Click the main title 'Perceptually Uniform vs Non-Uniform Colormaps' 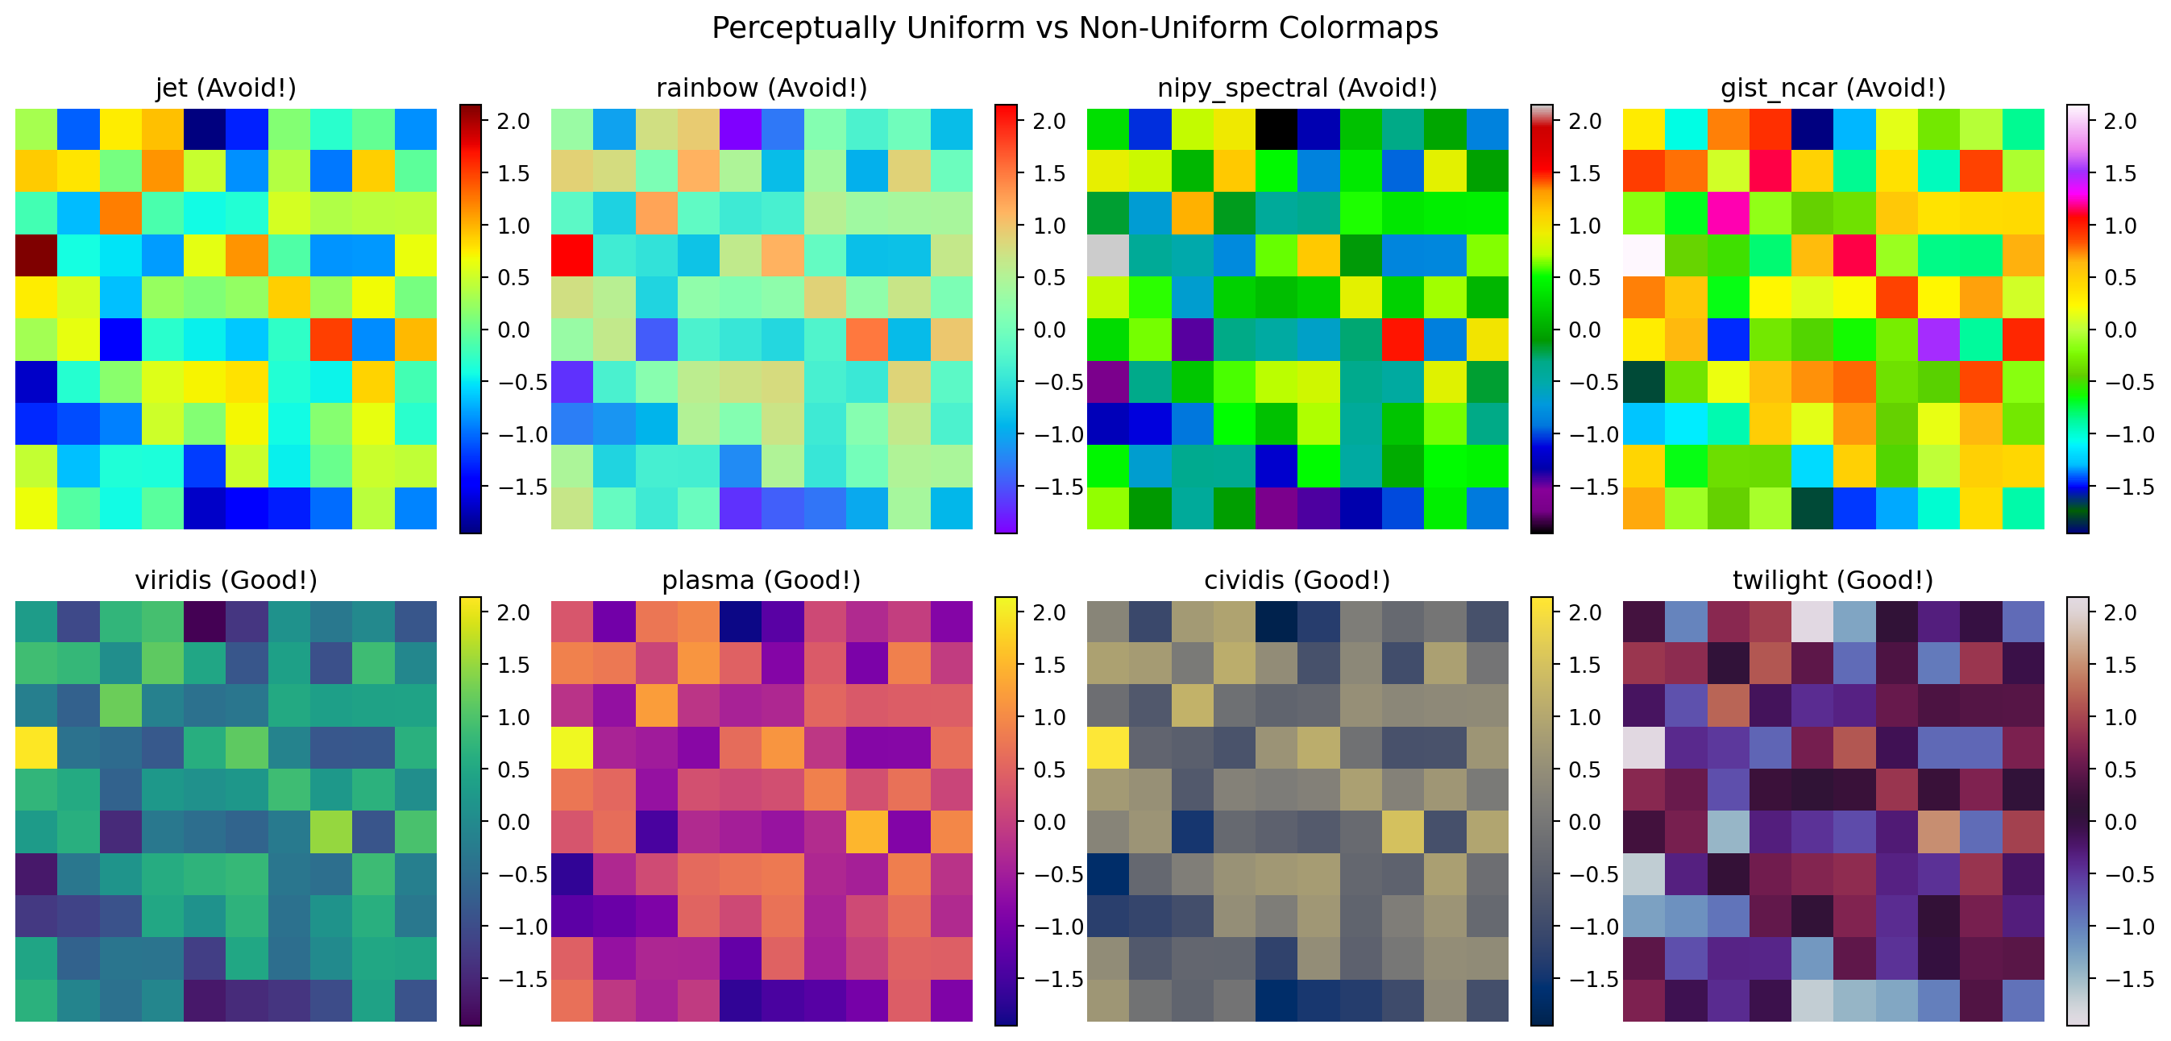click(1074, 28)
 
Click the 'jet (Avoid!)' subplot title click(226, 88)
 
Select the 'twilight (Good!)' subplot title click(1833, 580)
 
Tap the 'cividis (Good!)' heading click(1297, 580)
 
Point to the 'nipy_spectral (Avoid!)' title click(1297, 88)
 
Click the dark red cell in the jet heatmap click(36, 255)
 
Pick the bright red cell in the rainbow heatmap click(572, 255)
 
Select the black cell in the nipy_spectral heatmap click(1276, 129)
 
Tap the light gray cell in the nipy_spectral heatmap click(1108, 255)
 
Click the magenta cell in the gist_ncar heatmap click(1729, 214)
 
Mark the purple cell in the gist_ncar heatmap click(1939, 340)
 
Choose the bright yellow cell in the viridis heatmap click(36, 748)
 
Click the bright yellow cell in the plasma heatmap click(572, 748)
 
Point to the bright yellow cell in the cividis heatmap click(1108, 748)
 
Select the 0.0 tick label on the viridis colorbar click(513, 822)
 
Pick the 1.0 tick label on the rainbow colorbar click(1049, 226)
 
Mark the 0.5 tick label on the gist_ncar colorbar click(2121, 278)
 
